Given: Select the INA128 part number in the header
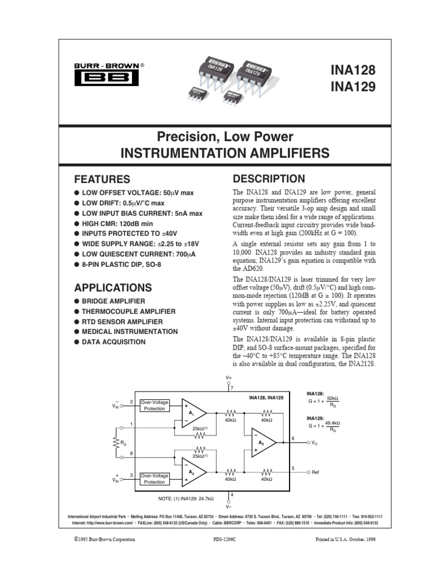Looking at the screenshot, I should click(353, 71).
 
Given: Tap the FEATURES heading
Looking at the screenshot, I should click(103, 180).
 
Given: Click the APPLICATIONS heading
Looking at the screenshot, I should click(113, 287).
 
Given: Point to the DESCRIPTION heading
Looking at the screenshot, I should click(268, 179).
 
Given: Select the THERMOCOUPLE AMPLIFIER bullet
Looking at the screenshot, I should click(129, 312).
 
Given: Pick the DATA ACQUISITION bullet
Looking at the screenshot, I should click(114, 342).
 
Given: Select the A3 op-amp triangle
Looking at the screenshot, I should click(263, 442).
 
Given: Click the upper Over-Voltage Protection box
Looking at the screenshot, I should click(154, 405).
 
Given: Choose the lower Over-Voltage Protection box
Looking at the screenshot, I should click(154, 479).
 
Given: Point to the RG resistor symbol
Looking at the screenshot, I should click(117, 443).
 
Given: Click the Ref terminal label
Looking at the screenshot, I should click(316, 472).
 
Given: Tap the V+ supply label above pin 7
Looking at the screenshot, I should click(228, 377).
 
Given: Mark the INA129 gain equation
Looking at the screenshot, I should click(324, 426).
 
